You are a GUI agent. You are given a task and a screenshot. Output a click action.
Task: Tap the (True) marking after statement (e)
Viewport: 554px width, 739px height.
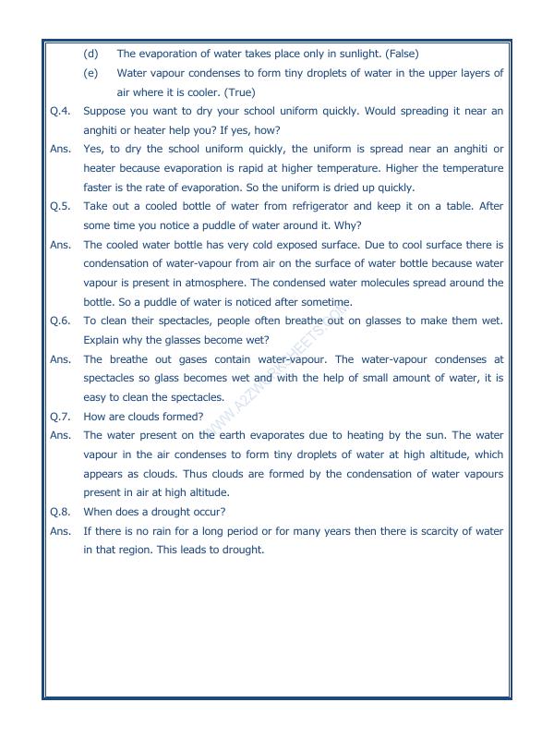[x=234, y=92]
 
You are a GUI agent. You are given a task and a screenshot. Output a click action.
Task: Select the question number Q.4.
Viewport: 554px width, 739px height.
[x=61, y=111]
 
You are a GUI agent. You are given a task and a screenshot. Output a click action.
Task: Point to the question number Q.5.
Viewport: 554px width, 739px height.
[x=61, y=207]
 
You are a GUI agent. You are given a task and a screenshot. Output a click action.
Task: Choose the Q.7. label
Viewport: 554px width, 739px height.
[x=61, y=416]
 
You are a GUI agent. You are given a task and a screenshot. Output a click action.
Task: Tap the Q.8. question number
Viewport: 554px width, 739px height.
[x=61, y=511]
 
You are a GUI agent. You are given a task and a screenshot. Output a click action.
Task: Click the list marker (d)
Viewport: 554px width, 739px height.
[x=91, y=54]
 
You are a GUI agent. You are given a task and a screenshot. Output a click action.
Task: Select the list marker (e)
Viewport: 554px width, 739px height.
[x=91, y=73]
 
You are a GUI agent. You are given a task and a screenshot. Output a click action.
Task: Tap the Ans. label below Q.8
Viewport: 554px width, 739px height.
[x=61, y=530]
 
